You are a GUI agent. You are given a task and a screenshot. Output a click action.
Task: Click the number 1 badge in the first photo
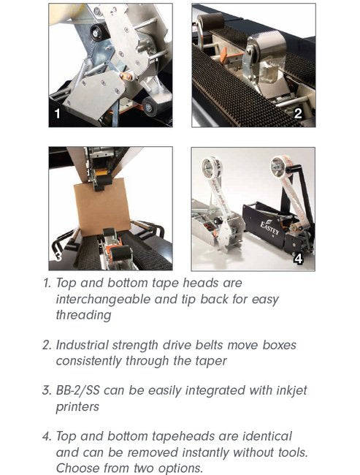(57, 113)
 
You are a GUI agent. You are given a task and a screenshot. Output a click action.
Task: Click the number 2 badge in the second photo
(298, 113)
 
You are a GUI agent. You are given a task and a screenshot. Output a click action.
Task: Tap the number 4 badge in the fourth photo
(299, 259)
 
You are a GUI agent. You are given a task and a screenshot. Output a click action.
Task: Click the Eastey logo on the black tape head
(269, 227)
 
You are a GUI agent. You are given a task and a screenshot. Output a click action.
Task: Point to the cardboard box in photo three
(102, 207)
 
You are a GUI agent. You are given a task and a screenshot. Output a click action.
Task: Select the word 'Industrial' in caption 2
(83, 345)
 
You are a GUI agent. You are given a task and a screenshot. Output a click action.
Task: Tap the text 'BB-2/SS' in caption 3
(78, 390)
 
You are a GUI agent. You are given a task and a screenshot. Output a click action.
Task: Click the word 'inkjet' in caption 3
(291, 391)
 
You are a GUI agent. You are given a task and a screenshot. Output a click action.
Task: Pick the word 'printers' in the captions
(77, 407)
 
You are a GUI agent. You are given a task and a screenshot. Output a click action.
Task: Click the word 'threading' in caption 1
(83, 316)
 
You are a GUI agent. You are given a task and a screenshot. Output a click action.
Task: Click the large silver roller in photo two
(265, 46)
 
